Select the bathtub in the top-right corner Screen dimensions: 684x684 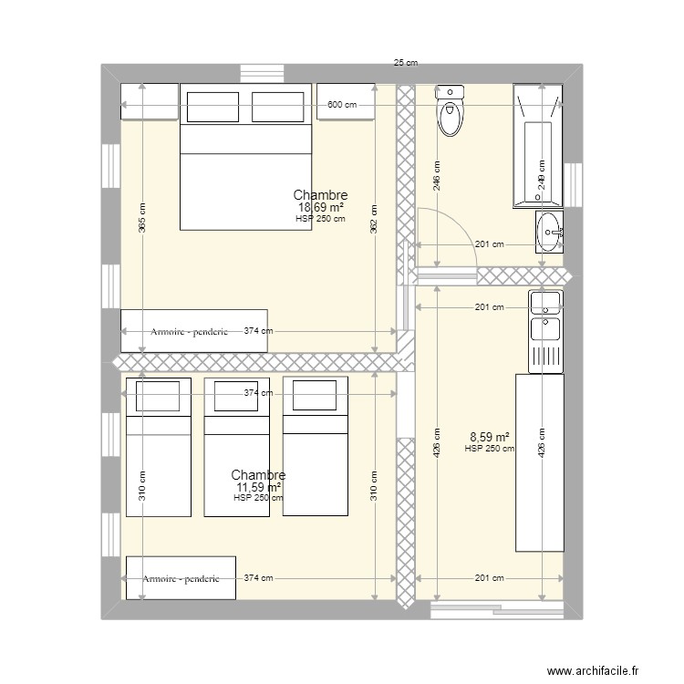(538, 146)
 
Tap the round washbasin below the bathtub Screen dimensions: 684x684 (549, 232)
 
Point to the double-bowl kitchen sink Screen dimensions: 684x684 (545, 315)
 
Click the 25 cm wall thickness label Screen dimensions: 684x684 (406, 63)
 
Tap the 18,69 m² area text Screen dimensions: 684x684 (320, 207)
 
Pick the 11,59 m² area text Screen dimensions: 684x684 (258, 487)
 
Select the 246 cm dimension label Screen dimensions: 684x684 (437, 176)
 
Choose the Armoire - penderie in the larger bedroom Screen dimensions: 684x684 (194, 331)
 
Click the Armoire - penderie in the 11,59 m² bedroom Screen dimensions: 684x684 (179, 578)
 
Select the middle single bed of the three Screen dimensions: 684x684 (237, 447)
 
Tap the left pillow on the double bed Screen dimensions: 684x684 (212, 107)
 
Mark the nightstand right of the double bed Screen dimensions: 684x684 (346, 101)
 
